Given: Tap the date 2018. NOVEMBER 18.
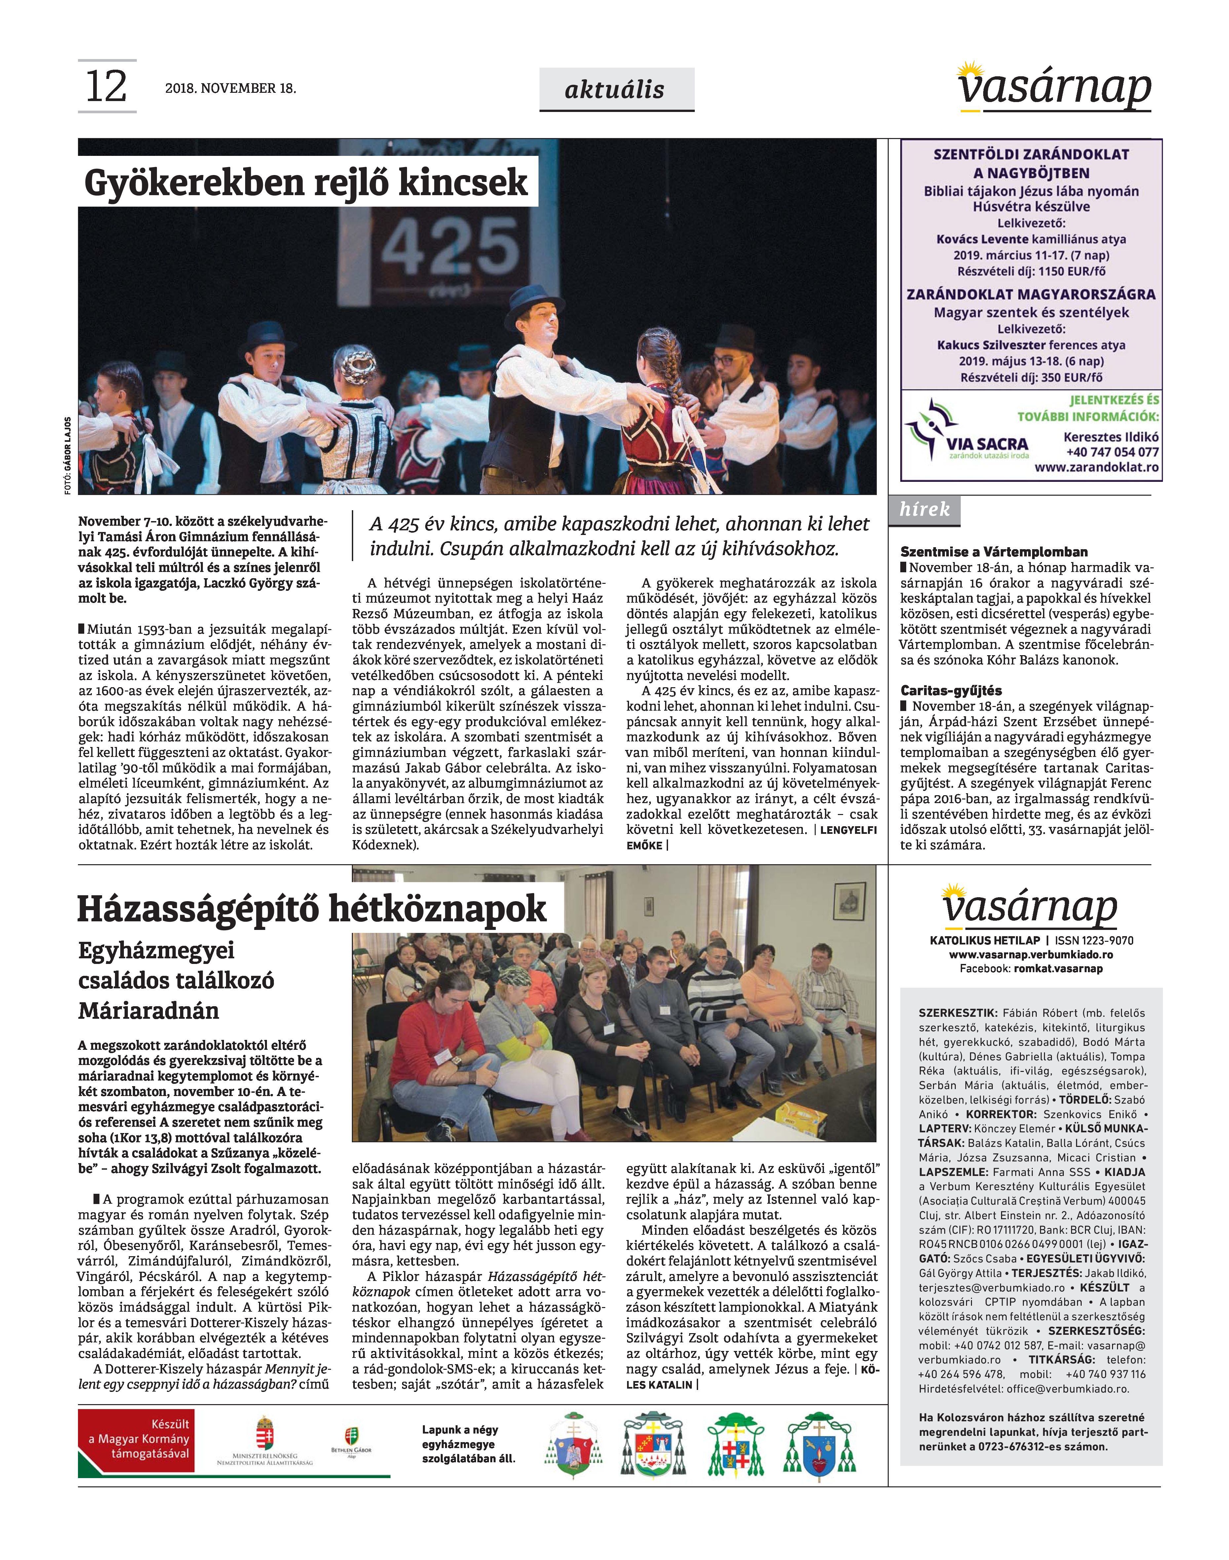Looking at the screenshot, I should tap(230, 89).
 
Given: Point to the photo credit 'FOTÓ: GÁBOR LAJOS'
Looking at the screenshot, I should tap(68, 455).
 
